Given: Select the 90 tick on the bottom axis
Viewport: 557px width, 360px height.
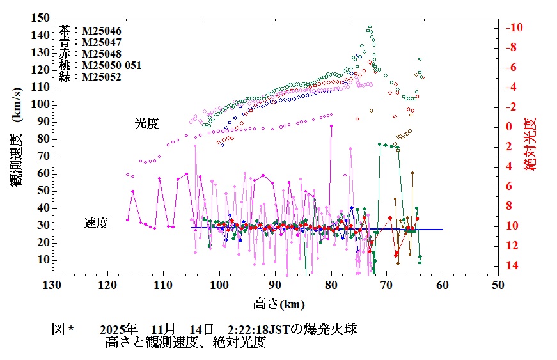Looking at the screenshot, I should point(274,285).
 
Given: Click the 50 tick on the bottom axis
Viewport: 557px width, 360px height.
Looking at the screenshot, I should point(498,285).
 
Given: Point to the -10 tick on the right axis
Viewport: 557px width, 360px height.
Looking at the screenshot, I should point(515,27).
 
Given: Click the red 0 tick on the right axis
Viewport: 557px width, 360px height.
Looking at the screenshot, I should point(510,127).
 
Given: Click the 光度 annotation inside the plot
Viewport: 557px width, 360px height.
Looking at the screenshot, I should point(146,123).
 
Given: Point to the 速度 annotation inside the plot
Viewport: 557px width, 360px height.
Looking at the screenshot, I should point(97,223).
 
